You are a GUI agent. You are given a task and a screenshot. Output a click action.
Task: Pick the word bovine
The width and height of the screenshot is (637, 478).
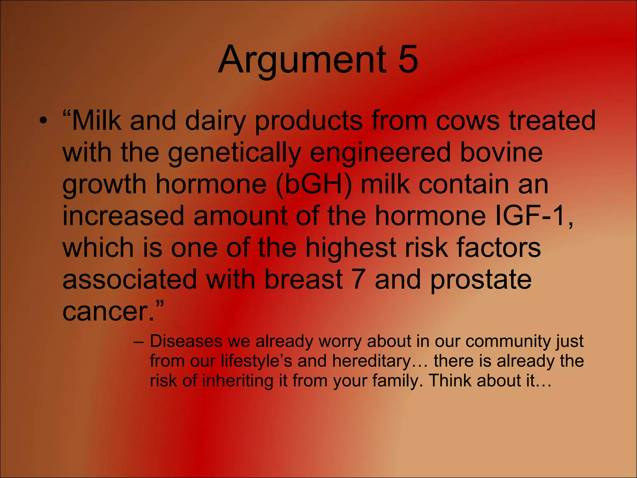pyautogui.click(x=501, y=152)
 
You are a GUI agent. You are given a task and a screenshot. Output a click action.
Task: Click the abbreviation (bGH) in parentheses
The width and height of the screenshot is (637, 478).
pyautogui.click(x=314, y=185)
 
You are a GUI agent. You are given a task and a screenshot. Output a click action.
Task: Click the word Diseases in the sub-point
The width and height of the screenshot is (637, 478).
pyautogui.click(x=186, y=341)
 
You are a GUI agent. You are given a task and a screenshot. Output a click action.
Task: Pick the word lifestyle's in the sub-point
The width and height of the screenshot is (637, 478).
pyautogui.click(x=256, y=361)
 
